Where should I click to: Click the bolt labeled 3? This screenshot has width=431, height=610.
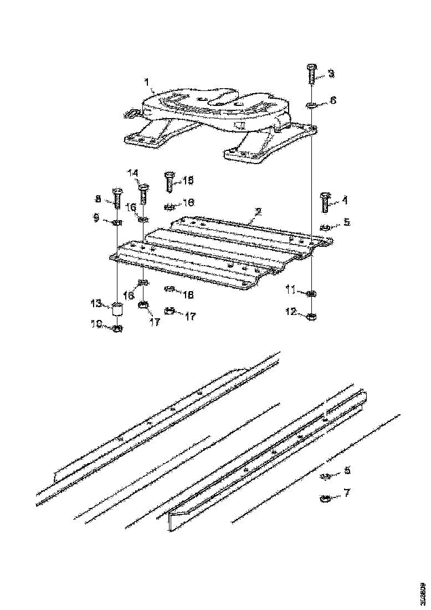311,74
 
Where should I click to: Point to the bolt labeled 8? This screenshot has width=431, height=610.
118,198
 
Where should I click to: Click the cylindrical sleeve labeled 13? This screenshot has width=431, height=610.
117,309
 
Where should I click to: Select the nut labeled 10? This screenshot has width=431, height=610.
117,328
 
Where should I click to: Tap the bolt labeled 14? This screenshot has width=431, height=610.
143,194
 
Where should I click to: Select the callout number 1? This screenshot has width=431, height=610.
147,83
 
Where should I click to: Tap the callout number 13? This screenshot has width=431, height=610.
97,303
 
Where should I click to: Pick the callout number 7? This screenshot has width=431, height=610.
347,492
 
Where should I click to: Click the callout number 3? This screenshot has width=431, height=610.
331,73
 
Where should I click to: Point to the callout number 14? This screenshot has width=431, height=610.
133,173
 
